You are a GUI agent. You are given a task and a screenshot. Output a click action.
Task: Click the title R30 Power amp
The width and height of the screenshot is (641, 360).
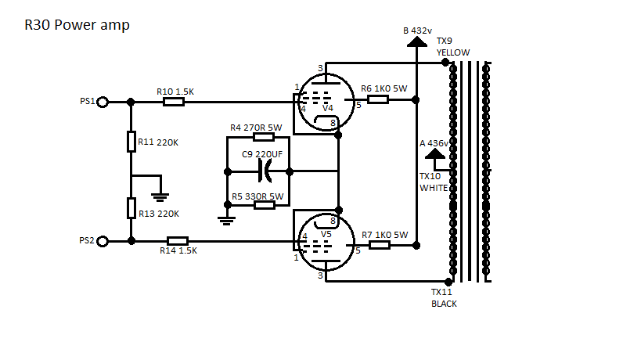(x=77, y=25)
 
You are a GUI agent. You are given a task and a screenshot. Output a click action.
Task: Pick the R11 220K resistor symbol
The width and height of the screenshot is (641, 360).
(x=131, y=142)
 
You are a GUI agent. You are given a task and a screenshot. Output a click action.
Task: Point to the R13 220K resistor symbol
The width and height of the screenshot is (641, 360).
(x=131, y=208)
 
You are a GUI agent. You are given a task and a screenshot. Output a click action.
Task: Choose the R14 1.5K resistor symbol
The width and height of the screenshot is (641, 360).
(x=178, y=241)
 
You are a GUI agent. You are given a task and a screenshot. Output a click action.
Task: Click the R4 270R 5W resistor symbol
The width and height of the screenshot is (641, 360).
(x=263, y=138)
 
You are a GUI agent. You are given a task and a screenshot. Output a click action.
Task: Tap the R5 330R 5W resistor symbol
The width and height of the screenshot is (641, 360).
(x=264, y=204)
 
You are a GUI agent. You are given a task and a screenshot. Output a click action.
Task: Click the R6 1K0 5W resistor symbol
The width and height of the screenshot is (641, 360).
(x=379, y=99)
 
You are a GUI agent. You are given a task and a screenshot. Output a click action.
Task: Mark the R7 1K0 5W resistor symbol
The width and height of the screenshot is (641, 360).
(x=379, y=245)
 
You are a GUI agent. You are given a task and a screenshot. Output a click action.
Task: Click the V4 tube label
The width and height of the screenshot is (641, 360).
(x=328, y=107)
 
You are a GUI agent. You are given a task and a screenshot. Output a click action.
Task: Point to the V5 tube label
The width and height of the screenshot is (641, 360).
(x=326, y=232)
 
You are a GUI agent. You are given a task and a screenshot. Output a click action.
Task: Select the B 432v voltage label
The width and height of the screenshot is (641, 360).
(x=416, y=31)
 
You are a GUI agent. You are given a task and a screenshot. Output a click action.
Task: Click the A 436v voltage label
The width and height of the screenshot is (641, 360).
(x=434, y=143)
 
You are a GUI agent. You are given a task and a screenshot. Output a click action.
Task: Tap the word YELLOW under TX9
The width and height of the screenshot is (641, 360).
(x=453, y=52)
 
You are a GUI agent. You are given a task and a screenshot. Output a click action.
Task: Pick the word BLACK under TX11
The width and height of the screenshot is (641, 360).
(x=444, y=304)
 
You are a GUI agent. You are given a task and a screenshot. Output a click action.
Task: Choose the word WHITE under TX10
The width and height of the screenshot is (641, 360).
(x=434, y=188)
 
